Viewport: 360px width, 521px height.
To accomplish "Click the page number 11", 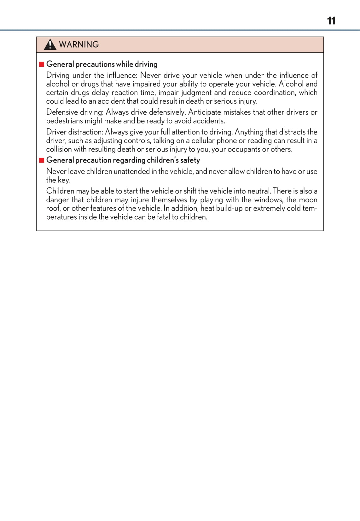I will pyautogui.click(x=331, y=21).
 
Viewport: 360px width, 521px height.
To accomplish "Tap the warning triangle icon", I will pyautogui.click(x=50, y=45).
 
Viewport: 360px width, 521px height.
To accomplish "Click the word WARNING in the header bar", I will pyautogui.click(x=79, y=44).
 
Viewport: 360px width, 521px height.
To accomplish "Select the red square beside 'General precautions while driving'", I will pyautogui.click(x=42, y=64).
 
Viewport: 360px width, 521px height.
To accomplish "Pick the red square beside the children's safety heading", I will pyautogui.click(x=42, y=160).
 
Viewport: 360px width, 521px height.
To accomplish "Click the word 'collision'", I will pyautogui.click(x=59, y=149).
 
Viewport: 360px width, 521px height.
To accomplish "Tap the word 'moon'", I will pyautogui.click(x=308, y=200).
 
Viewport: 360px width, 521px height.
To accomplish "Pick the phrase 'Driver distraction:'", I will pyautogui.click(x=74, y=132).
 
